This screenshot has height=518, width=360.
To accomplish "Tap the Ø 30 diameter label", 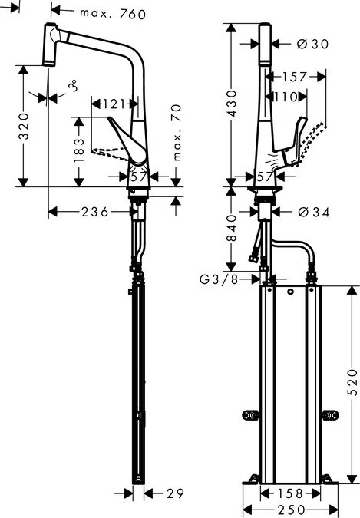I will coord(311,45).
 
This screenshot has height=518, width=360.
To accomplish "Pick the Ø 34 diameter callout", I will coord(311,211).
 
